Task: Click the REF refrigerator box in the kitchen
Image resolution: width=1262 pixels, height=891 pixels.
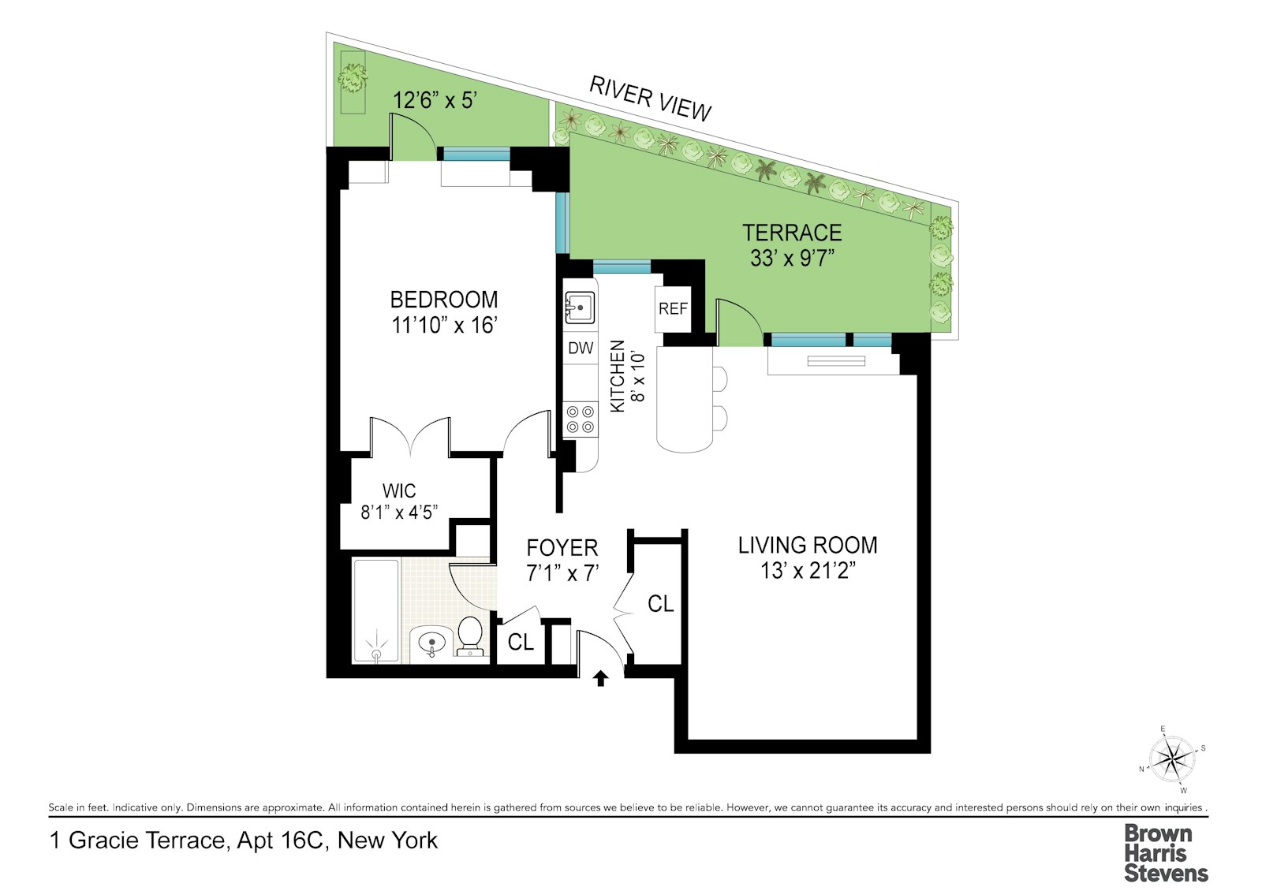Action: click(673, 309)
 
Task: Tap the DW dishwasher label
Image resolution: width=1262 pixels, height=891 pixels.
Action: click(581, 348)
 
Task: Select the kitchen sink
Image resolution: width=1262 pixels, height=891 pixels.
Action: click(580, 308)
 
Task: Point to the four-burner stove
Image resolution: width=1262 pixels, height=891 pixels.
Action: click(581, 419)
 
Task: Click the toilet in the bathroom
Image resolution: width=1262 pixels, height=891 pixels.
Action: click(469, 636)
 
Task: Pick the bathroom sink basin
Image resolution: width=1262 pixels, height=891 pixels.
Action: click(431, 642)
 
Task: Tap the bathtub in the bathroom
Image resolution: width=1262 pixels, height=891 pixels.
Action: click(376, 610)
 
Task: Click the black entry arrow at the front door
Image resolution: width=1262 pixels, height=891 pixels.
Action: click(600, 678)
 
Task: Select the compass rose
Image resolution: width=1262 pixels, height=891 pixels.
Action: click(1172, 759)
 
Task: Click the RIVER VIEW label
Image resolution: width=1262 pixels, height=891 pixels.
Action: click(650, 99)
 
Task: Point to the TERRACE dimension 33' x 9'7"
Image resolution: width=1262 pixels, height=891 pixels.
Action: click(792, 257)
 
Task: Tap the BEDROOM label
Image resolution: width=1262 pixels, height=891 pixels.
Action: click(444, 300)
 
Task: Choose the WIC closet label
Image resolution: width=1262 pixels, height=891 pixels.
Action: click(399, 490)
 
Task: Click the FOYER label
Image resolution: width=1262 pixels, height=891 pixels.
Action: click(562, 547)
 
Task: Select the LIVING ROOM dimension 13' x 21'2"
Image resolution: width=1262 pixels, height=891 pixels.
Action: click(808, 571)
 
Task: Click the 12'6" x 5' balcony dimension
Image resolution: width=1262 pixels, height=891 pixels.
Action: click(435, 100)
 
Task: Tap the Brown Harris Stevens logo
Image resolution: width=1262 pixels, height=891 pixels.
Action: click(1166, 853)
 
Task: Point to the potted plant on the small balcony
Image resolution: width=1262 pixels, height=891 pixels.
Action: click(353, 78)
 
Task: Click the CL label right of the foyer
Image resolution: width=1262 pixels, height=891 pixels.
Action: click(660, 604)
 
